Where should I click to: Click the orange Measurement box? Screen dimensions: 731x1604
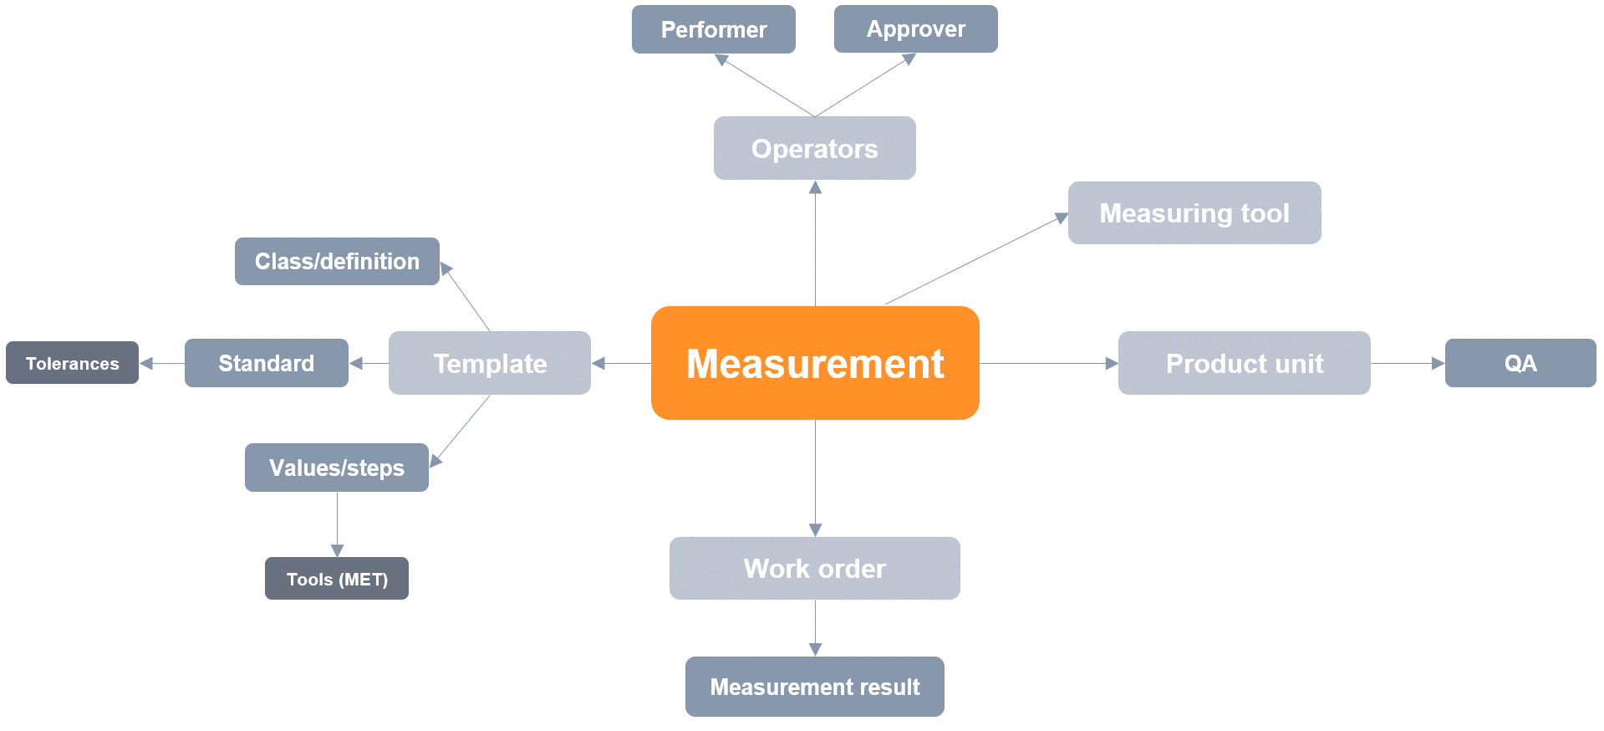(815, 363)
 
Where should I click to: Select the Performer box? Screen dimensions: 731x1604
(713, 29)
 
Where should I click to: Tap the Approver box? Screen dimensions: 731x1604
(915, 29)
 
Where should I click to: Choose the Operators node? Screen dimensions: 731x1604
(814, 148)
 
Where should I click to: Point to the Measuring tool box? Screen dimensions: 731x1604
(1194, 213)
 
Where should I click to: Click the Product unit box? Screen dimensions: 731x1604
(1244, 363)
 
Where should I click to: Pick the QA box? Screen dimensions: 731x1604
(1520, 363)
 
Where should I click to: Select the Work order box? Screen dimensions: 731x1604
(814, 568)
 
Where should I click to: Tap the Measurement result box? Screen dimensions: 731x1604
(814, 687)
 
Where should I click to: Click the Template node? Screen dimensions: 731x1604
(489, 363)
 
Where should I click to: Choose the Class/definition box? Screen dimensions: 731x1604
(337, 261)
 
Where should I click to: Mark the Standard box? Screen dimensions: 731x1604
(266, 363)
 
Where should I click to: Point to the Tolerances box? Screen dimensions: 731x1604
(72, 363)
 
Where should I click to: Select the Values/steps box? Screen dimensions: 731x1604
(336, 468)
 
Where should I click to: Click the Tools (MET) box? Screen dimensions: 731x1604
(336, 579)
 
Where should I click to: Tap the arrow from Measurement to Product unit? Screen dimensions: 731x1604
(1048, 364)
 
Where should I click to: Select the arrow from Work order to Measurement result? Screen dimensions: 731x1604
(815, 628)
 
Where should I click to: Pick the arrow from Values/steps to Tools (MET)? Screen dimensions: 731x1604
(337, 524)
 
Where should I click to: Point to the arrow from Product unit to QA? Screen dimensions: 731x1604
(1408, 364)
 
